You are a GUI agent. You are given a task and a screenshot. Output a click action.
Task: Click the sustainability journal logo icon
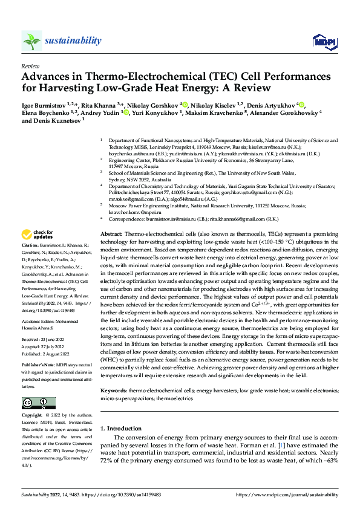(x=31, y=41)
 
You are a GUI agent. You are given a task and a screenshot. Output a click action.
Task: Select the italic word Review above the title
(x=30, y=66)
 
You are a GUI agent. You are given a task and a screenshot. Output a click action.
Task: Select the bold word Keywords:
(x=113, y=391)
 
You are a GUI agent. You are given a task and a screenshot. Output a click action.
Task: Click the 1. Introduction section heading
(x=120, y=428)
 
